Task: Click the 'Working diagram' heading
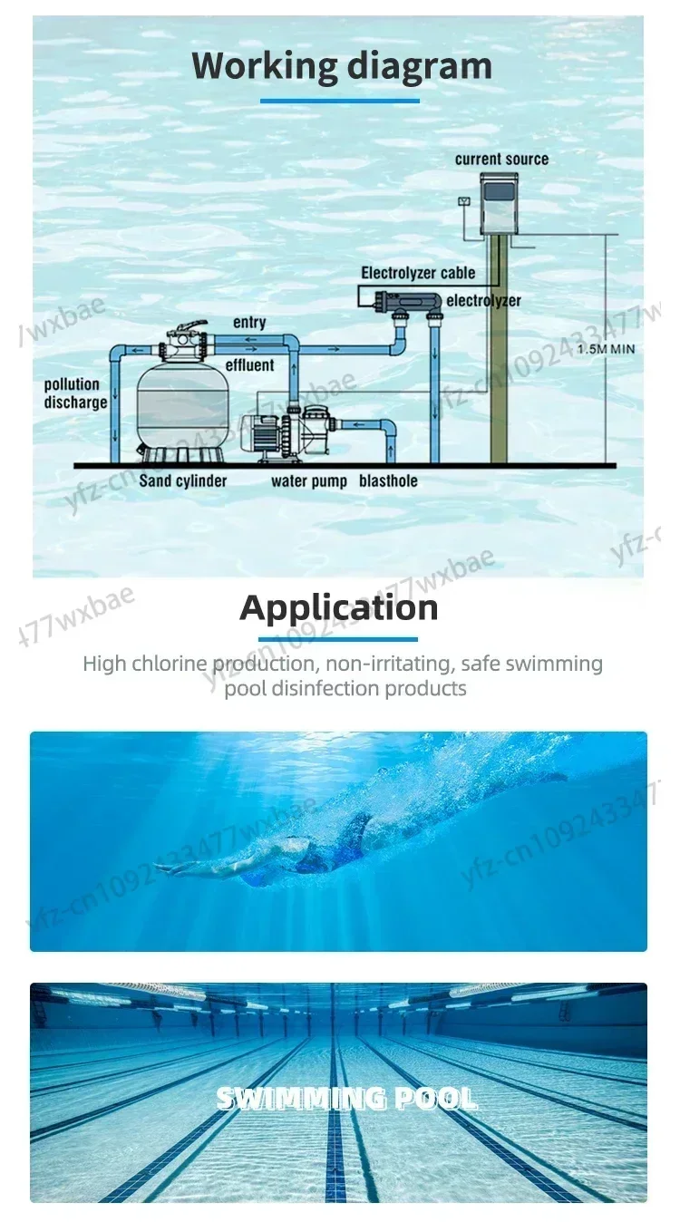coord(342,66)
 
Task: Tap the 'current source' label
coord(501,160)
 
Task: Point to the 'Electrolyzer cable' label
coord(418,273)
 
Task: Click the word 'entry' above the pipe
coord(249,323)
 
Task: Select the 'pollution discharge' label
coord(75,393)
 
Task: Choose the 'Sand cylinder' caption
coord(183,480)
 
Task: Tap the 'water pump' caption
coord(308,480)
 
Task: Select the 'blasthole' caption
coord(388,480)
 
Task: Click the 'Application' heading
coord(339,607)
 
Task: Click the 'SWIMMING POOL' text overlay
coord(346,1099)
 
